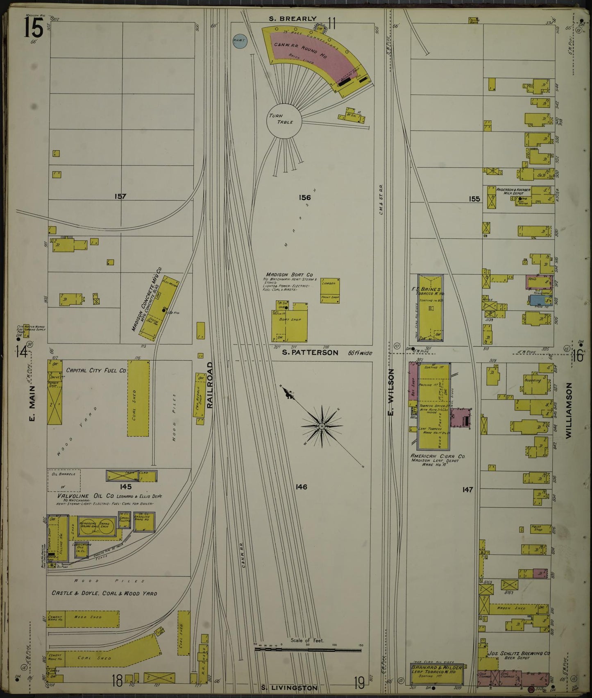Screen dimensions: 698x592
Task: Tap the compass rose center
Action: [322, 426]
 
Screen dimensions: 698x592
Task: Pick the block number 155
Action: [474, 199]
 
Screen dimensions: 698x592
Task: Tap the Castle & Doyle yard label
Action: [104, 593]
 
